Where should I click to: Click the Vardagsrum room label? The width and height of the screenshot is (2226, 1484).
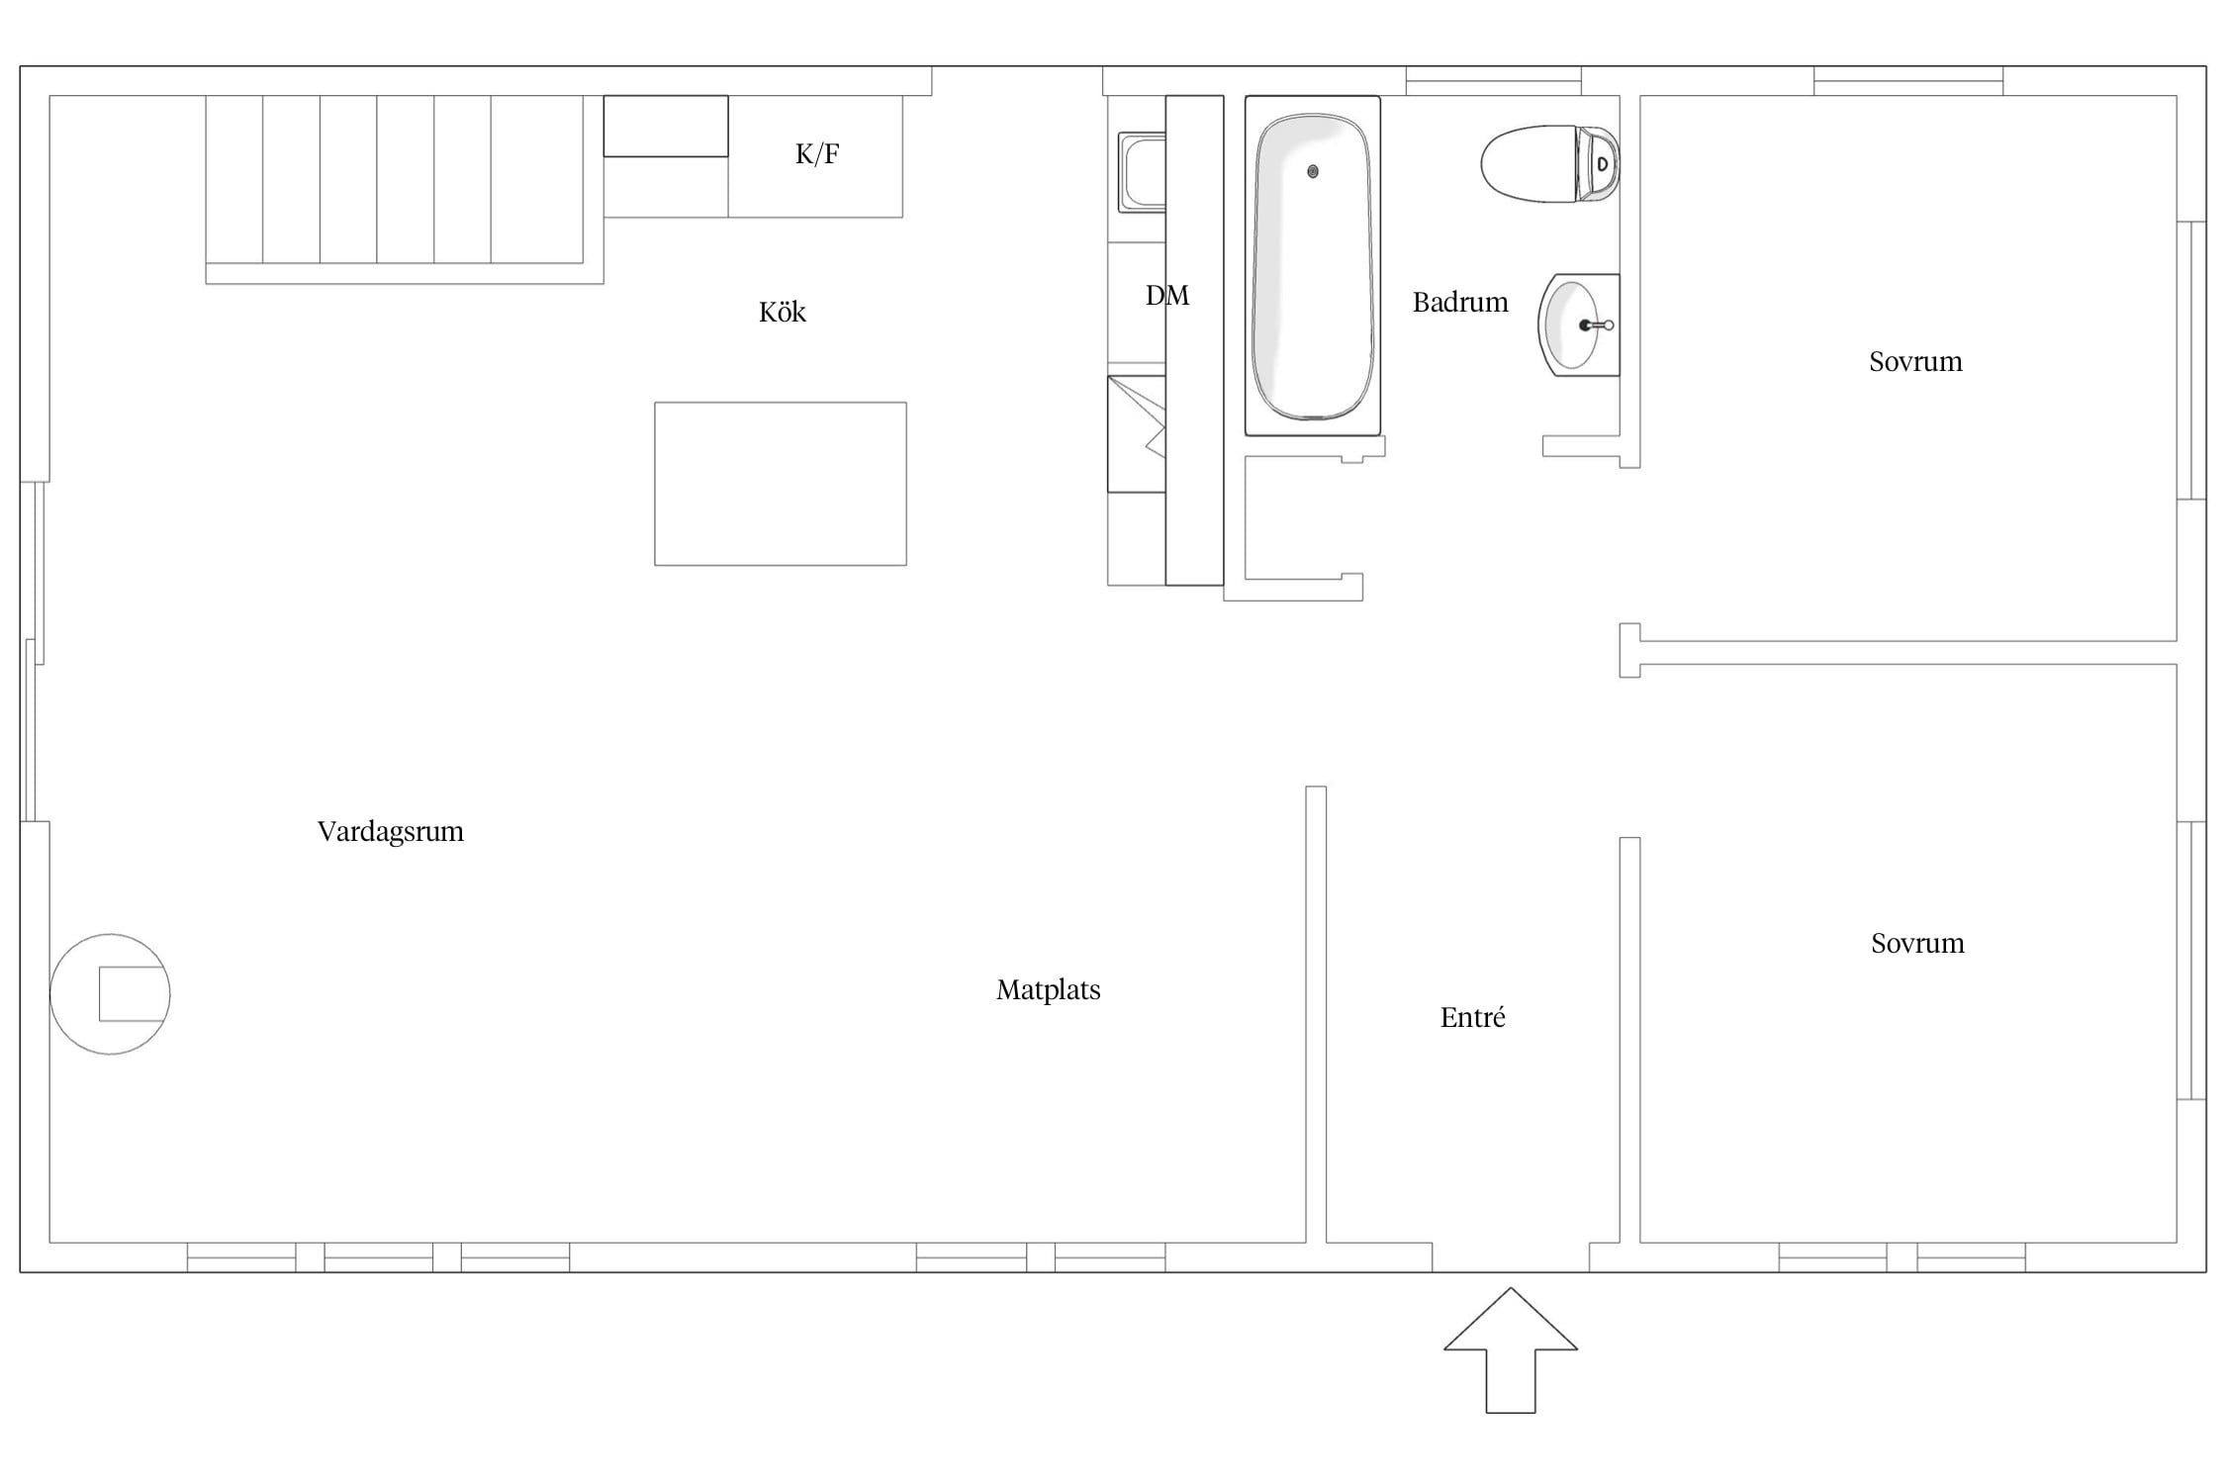point(390,832)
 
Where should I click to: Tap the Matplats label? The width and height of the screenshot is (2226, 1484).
point(1048,990)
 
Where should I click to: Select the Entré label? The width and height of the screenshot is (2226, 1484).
point(1472,1017)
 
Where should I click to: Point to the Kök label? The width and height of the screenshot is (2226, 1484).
point(782,312)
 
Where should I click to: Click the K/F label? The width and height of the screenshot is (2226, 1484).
point(817,153)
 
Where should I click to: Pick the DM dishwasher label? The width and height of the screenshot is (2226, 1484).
point(1167,295)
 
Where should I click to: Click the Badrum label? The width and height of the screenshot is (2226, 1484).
point(1460,302)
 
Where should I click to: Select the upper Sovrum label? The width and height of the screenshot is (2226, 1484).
point(1915,361)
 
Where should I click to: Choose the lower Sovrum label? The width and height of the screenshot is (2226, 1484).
point(1917,943)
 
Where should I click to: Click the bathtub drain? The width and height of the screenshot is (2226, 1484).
point(1313,171)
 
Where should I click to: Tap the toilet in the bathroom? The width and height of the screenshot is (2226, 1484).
point(1549,163)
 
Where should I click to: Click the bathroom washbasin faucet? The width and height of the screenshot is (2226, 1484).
point(1596,325)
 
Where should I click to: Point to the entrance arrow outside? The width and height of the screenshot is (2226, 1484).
point(1511,1350)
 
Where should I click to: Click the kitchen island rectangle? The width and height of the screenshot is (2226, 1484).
point(781,484)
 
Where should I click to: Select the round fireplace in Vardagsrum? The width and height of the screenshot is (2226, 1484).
point(110,994)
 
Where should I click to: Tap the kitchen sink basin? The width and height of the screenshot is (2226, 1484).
point(1143,173)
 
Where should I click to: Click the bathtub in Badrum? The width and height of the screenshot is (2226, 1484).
point(1313,265)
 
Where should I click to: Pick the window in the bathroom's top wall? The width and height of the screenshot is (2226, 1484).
point(1493,81)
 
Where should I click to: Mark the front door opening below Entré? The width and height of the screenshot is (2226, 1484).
point(1511,1257)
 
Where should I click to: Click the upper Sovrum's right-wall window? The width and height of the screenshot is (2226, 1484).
point(2191,360)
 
